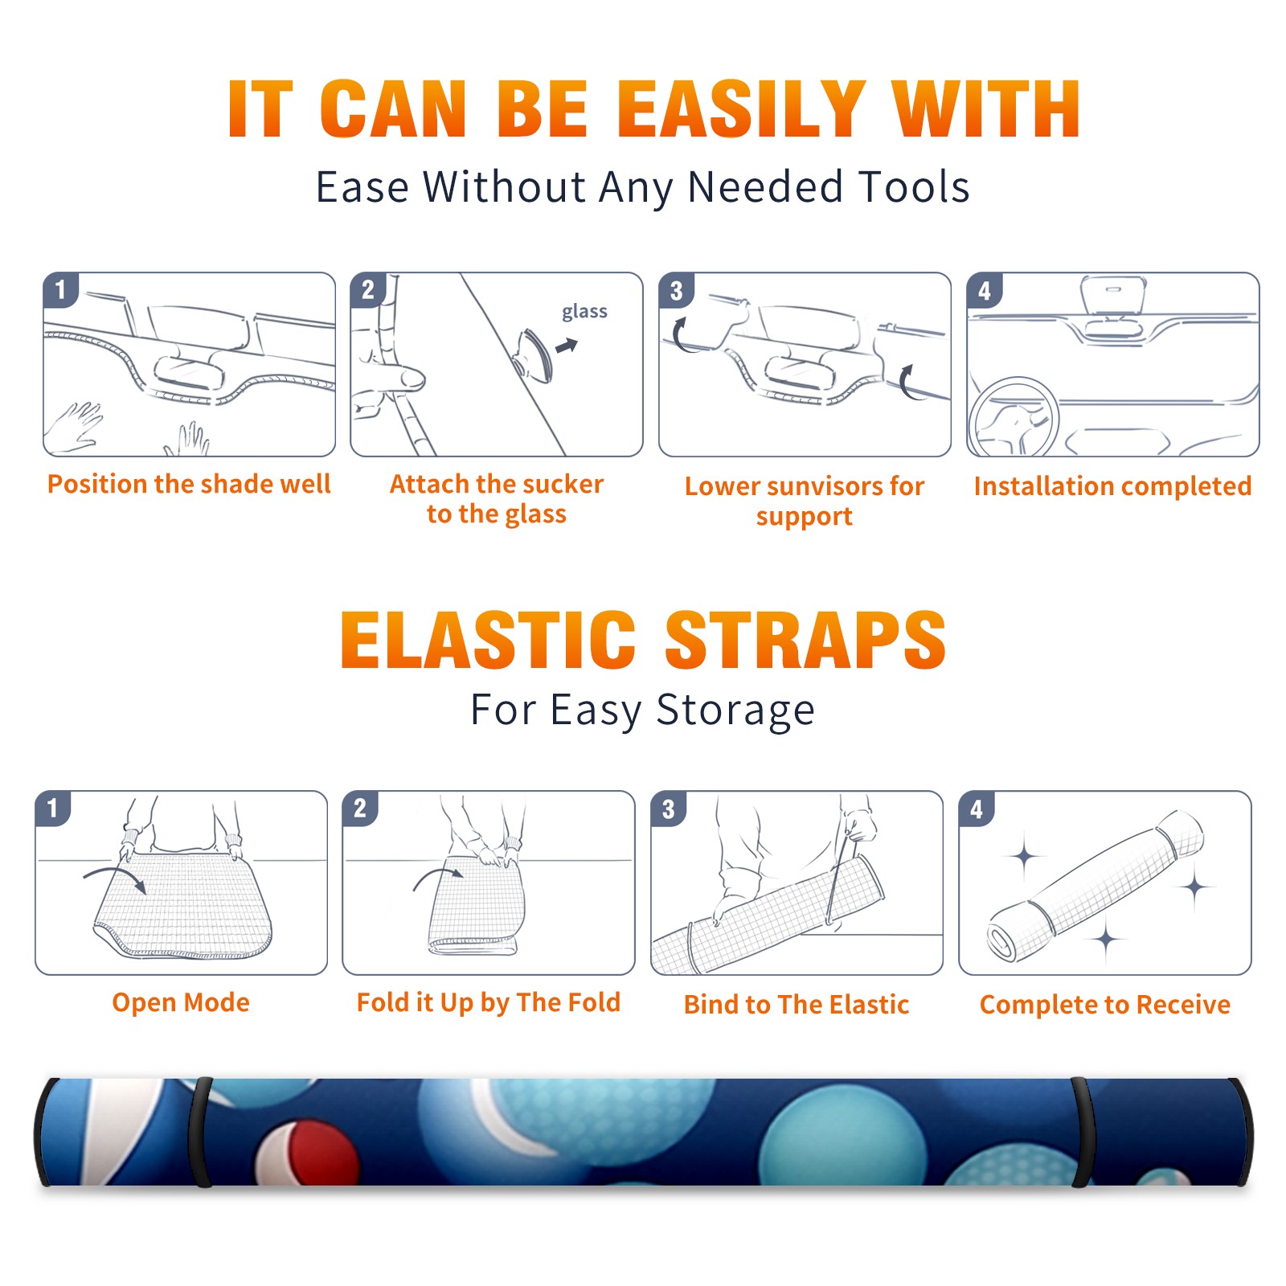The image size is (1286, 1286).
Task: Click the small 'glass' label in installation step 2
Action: [584, 312]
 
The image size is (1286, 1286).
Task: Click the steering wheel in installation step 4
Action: [1013, 417]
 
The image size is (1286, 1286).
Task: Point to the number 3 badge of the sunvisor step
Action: [675, 290]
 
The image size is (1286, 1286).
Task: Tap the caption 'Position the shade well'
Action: [189, 484]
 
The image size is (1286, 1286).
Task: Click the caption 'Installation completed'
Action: [1112, 486]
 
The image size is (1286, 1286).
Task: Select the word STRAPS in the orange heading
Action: [805, 640]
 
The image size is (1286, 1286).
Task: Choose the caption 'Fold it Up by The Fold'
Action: [489, 1002]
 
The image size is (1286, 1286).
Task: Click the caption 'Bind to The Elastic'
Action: [797, 1005]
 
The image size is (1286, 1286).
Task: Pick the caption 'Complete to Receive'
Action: [1105, 1005]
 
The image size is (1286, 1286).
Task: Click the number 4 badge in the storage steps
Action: [976, 809]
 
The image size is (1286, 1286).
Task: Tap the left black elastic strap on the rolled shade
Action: [199, 1132]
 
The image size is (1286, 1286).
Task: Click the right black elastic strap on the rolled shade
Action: [1083, 1132]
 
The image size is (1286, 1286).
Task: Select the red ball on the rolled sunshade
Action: [309, 1154]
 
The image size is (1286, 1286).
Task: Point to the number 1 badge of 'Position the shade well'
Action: [60, 289]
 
